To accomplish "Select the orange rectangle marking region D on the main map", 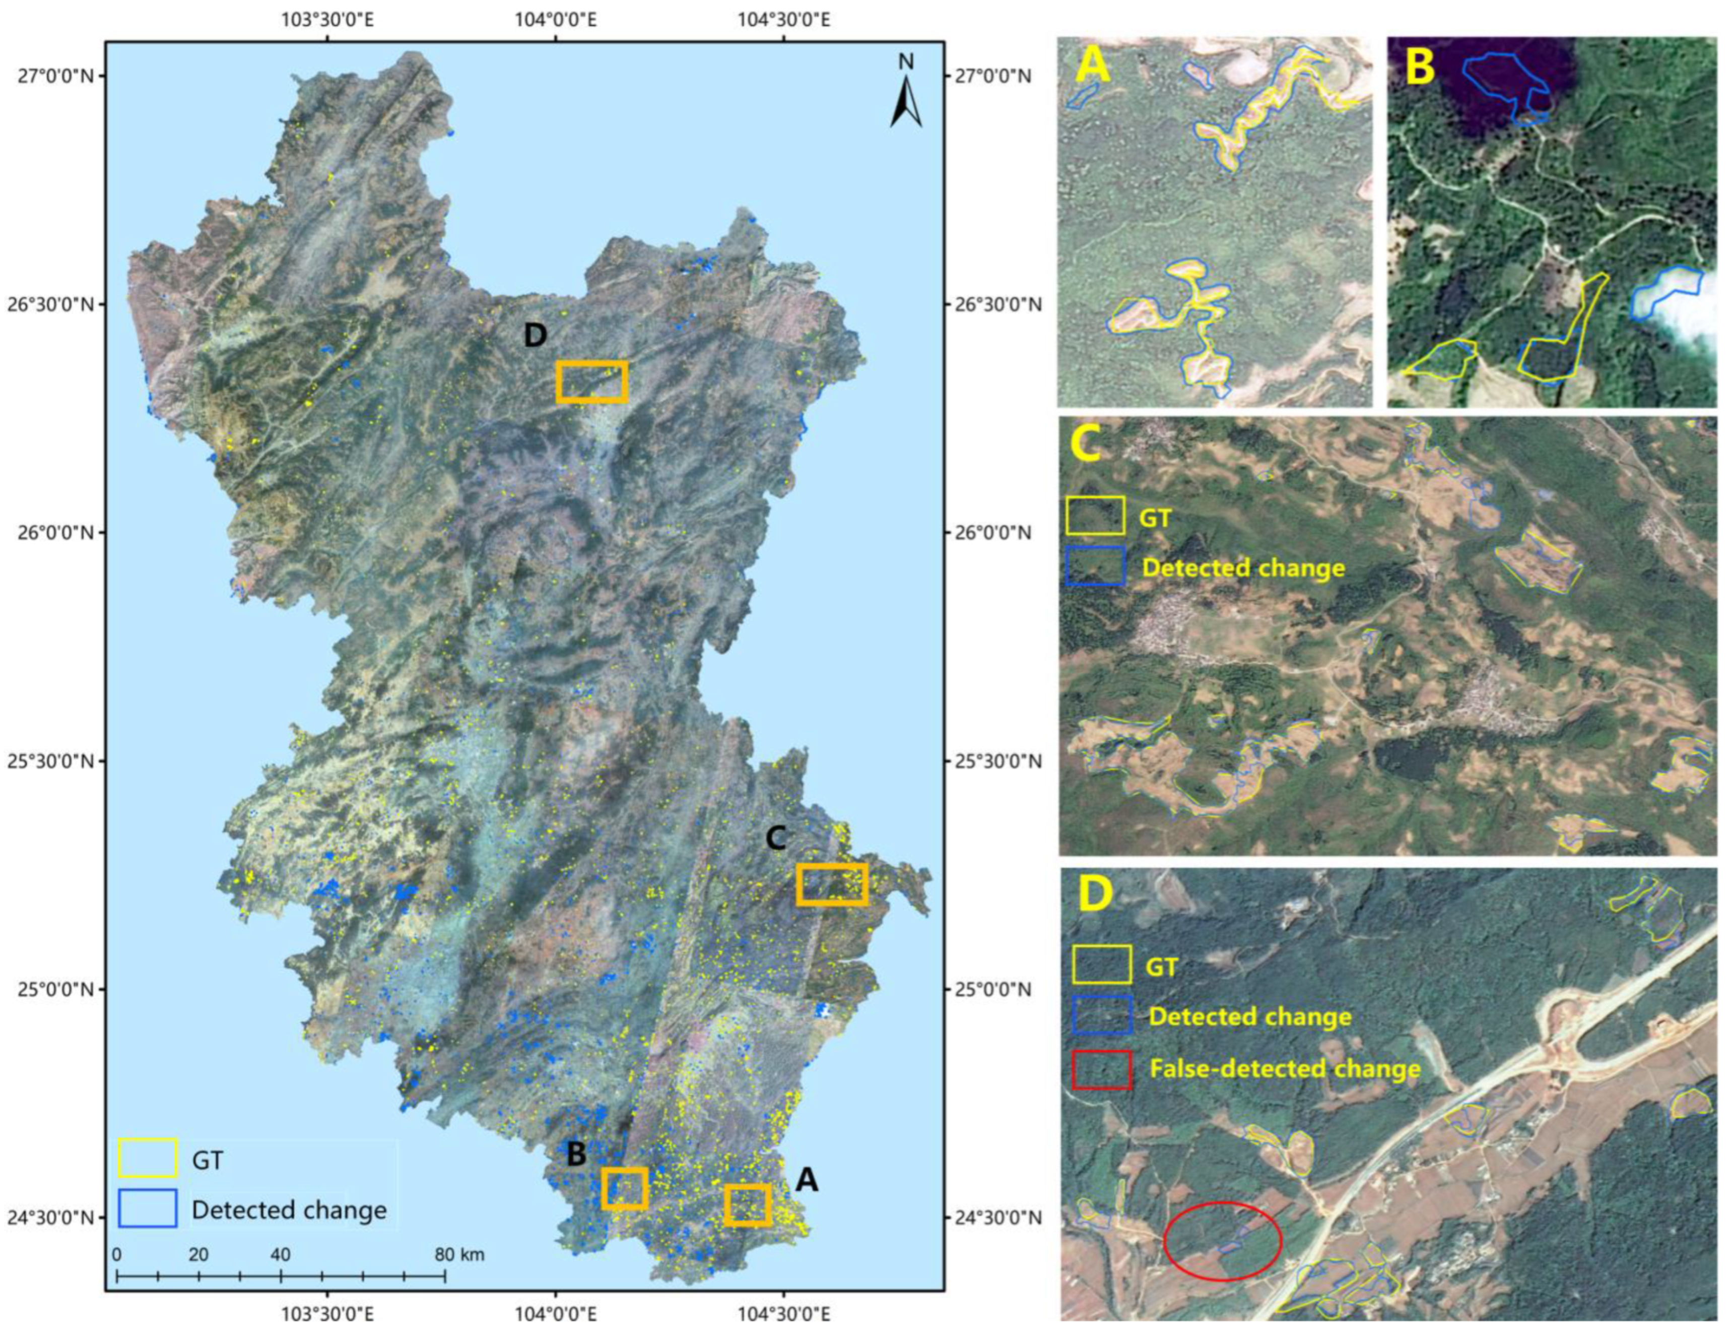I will [x=592, y=382].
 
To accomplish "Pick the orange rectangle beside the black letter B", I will [x=624, y=1188].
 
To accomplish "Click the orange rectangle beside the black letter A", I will [x=747, y=1205].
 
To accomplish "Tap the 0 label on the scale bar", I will [x=117, y=1255].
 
